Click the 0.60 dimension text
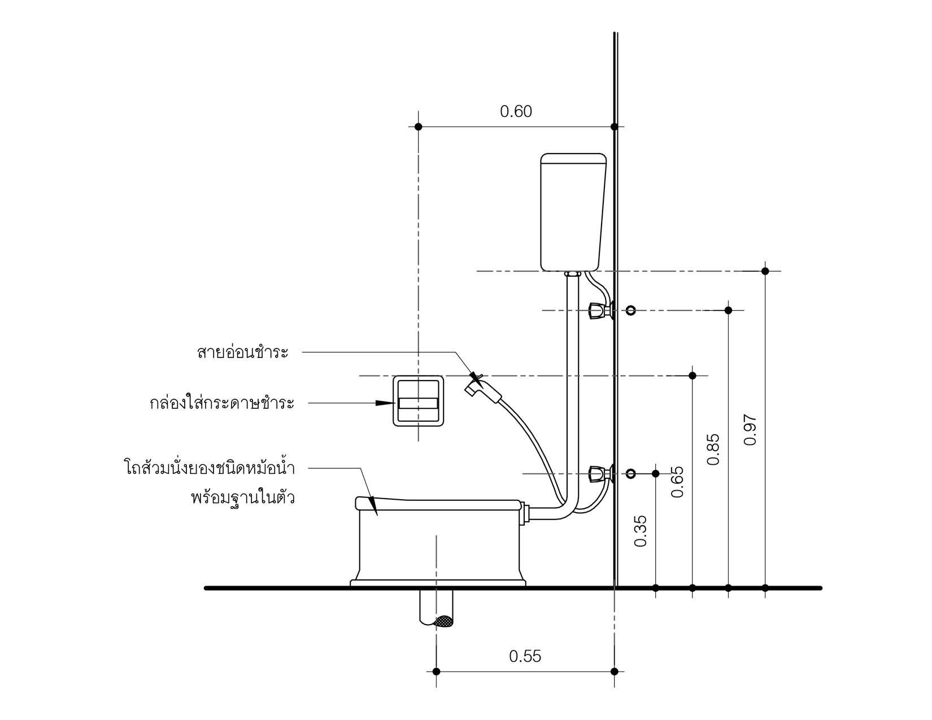(516, 111)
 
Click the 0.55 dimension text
(525, 657)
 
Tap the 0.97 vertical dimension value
(750, 430)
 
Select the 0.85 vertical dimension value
(713, 450)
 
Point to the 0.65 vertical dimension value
(677, 482)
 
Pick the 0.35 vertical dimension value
(640, 531)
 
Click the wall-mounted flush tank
(573, 212)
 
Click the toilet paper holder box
(418, 401)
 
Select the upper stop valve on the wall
(600, 311)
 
